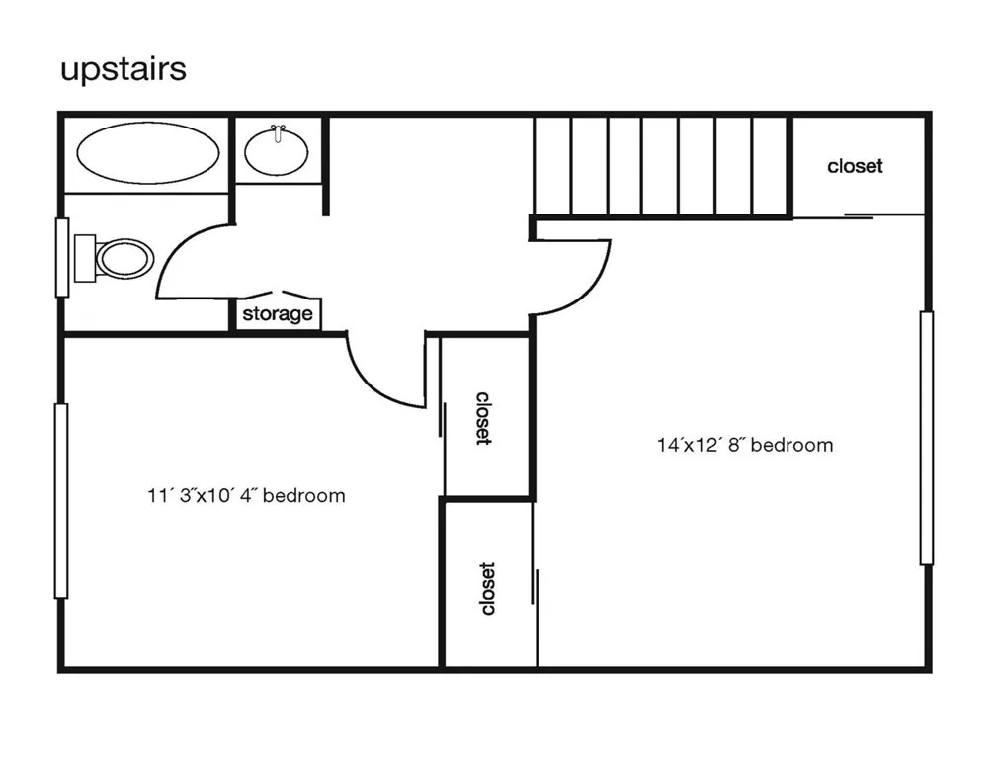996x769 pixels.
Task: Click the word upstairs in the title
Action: coord(124,70)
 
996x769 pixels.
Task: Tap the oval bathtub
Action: coord(148,152)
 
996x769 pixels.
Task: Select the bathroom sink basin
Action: coord(277,152)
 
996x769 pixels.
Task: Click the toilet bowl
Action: coord(124,259)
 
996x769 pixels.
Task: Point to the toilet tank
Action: coord(85,258)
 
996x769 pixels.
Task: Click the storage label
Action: coord(278,314)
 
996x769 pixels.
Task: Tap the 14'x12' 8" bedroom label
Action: coord(745,445)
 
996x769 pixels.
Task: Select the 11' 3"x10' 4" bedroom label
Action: coord(246,496)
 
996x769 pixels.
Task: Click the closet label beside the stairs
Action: coord(855,166)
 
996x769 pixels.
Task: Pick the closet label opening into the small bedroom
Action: coord(484,418)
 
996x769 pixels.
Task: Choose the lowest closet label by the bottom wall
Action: coord(488,588)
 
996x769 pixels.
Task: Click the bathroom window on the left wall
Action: coord(62,257)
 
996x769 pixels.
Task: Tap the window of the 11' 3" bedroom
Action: coord(61,501)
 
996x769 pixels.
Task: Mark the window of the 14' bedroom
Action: coord(927,438)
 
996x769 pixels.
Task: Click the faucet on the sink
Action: coord(277,133)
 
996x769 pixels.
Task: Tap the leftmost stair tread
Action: coord(552,166)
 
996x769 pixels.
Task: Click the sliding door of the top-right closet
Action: coord(859,217)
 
